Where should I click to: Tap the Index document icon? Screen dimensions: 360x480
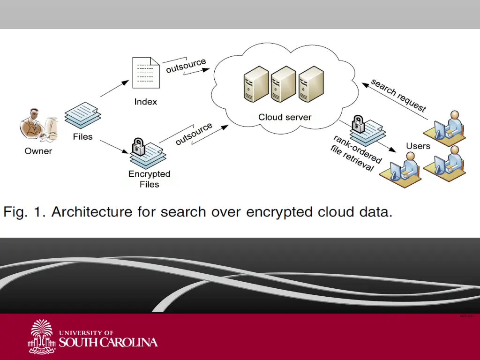(145, 73)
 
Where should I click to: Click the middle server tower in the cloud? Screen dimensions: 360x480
(283, 84)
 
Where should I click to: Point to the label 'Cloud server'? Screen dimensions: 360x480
(285, 117)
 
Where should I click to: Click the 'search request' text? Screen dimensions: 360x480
(398, 95)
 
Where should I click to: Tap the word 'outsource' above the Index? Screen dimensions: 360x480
(186, 65)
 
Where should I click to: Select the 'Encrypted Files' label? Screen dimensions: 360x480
(149, 179)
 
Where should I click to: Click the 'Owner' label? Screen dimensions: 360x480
(38, 151)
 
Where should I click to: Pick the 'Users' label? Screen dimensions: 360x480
(418, 146)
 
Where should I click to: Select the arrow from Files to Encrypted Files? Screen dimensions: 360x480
(114, 146)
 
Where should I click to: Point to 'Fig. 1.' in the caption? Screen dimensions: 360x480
(24, 212)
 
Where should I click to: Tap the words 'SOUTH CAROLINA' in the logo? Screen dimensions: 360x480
(108, 342)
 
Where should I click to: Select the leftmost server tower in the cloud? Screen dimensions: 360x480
(256, 84)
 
